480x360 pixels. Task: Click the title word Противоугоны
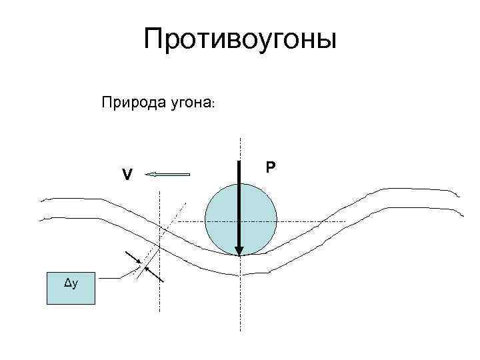tap(240, 40)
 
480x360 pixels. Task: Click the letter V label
tap(127, 175)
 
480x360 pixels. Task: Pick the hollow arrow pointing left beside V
tap(168, 175)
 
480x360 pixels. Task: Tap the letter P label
tap(270, 167)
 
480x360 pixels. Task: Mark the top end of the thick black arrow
tap(240, 161)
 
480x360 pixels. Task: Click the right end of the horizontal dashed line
tap(345, 221)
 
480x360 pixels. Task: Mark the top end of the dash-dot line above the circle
tap(240, 138)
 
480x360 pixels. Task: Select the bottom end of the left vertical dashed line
tap(160, 311)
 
